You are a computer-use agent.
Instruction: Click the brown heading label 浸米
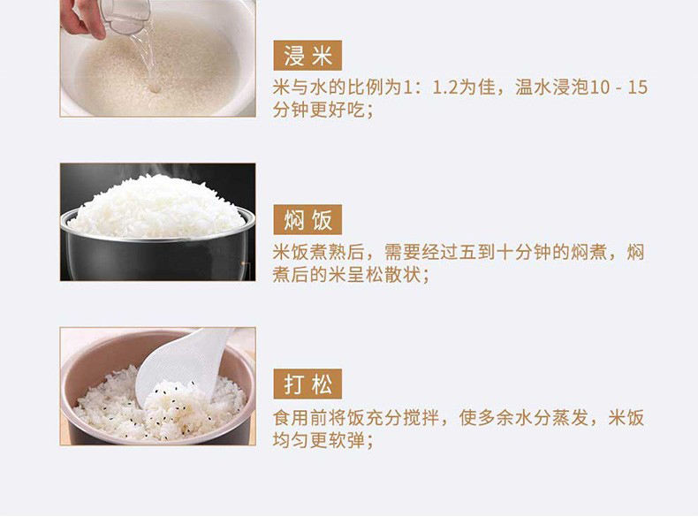[x=307, y=56]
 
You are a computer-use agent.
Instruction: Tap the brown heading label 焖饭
[x=307, y=219]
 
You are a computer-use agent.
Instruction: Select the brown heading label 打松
[x=307, y=384]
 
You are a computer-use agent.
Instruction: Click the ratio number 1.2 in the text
[x=445, y=87]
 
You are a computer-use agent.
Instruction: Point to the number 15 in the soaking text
[x=638, y=87]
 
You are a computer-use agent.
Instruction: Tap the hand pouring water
[x=80, y=18]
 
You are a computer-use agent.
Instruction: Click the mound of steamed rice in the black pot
[x=156, y=206]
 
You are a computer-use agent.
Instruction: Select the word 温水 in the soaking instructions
[x=534, y=87]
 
